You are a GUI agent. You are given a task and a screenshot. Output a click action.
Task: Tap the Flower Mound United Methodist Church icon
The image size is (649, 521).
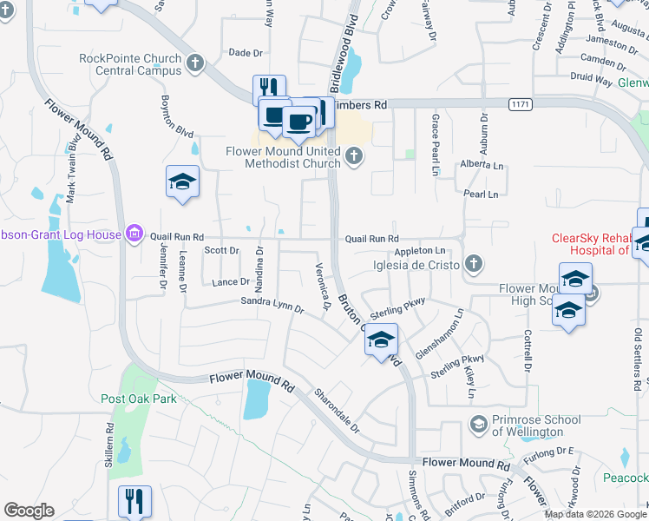click(x=353, y=156)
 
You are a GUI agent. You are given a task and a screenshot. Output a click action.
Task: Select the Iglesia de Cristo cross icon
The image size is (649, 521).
click(x=473, y=262)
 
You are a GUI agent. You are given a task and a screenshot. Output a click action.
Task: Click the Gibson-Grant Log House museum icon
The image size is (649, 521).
click(x=134, y=234)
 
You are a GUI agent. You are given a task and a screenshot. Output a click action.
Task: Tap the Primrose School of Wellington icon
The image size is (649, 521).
click(x=477, y=424)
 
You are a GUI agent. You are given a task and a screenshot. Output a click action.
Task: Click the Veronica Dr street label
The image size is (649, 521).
click(x=324, y=287)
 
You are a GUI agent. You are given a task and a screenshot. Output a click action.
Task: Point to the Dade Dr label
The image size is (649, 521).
click(x=245, y=53)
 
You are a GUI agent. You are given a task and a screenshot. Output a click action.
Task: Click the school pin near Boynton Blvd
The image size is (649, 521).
click(x=182, y=181)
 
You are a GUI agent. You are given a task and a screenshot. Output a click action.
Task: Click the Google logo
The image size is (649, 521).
click(x=29, y=511)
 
